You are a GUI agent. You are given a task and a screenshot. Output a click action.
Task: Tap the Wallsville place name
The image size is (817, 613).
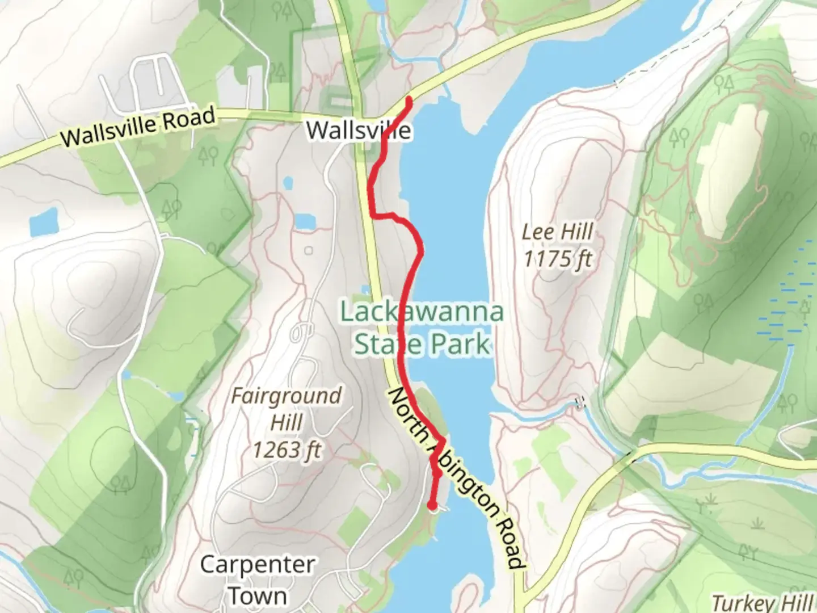pos(358,131)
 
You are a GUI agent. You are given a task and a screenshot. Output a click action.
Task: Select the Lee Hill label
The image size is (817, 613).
pos(557,232)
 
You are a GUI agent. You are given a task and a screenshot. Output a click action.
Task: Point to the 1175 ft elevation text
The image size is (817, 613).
pos(557,259)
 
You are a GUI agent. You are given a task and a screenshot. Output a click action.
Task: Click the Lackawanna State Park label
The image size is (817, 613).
pos(422,328)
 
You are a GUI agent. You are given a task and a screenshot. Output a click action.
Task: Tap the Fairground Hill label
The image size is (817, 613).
pos(287,409)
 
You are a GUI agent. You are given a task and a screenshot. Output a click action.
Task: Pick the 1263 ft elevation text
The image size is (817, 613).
pos(287,450)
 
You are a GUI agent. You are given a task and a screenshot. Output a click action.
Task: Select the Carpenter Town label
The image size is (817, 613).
pos(258,579)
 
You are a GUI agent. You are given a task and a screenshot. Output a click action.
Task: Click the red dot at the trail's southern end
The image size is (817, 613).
pos(432,505)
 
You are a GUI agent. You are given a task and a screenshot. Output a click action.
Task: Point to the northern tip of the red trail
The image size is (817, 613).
pos(408,100)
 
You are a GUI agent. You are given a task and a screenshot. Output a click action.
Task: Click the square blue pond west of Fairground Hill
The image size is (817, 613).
pos(44,222)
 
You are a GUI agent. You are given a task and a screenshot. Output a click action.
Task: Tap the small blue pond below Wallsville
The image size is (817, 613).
pos(288,183)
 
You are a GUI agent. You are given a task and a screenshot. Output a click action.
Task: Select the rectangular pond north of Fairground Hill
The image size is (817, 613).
pos(304,220)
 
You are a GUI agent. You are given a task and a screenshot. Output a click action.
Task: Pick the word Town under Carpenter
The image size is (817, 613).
pos(258,595)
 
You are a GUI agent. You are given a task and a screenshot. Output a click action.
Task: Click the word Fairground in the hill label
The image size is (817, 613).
pos(287,396)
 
